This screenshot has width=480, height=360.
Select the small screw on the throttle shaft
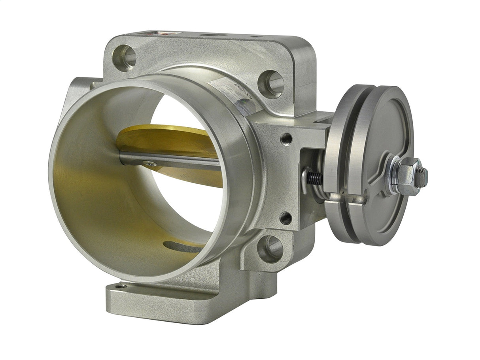click(149, 162)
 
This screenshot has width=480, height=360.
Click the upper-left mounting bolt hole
click(124, 58)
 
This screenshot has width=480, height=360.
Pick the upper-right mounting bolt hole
click(272, 84)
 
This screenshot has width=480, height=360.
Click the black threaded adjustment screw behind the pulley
click(314, 177)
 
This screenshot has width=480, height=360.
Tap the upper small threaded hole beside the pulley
click(286, 138)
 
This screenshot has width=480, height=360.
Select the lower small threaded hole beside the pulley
click(286, 218)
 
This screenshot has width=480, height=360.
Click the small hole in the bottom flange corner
click(121, 286)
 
